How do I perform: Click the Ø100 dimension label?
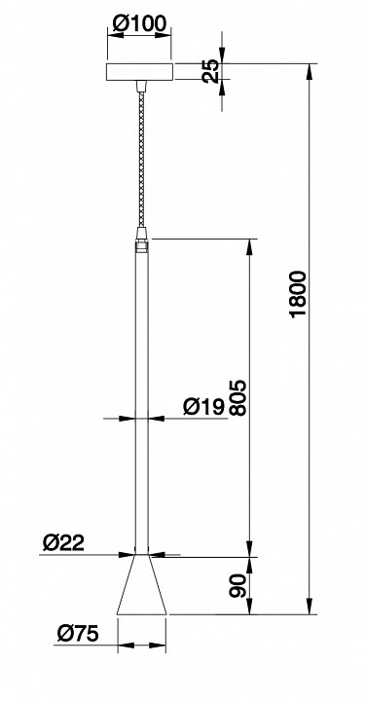pyautogui.click(x=139, y=23)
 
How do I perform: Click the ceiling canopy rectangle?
pyautogui.click(x=140, y=73)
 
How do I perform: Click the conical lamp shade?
pyautogui.click(x=142, y=589)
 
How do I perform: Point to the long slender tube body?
pyautogui.click(x=142, y=389)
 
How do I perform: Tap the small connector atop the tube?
pyautogui.click(x=142, y=240)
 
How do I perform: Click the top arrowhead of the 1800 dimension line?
pyautogui.click(x=311, y=70)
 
